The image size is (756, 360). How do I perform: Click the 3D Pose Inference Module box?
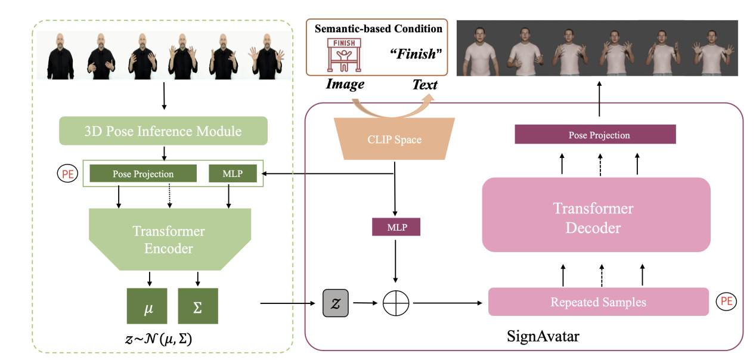coord(163,130)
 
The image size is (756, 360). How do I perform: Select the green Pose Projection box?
coord(143,173)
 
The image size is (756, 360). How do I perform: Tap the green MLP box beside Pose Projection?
coord(233,173)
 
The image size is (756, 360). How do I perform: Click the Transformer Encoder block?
coord(169,238)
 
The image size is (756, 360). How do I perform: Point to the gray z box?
coord(335,303)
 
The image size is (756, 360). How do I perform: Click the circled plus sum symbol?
coord(396,303)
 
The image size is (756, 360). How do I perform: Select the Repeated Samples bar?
coord(598,302)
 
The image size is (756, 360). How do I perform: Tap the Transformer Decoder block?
coord(596,218)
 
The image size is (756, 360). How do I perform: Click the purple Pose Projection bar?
coord(595,135)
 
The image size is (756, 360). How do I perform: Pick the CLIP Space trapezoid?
coord(394,139)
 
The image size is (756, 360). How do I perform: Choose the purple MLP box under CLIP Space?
coord(396,226)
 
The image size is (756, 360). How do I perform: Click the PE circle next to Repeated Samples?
coord(726,302)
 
